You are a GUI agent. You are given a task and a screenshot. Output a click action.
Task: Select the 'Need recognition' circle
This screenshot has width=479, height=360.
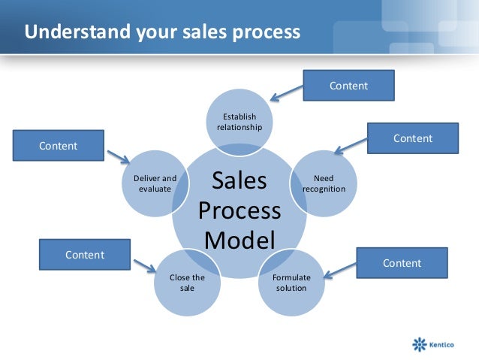coord(324,183)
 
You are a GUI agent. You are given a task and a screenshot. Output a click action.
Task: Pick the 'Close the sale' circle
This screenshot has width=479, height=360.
coord(187,282)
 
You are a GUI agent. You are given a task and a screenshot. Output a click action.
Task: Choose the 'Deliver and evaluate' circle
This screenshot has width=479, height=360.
coord(155,183)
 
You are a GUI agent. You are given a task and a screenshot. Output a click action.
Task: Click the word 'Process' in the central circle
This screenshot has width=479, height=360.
coord(239,210)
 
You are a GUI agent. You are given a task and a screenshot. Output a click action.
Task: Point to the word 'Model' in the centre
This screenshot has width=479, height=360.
coord(239,240)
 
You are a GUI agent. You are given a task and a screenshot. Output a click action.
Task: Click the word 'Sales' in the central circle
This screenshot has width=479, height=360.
coord(239,181)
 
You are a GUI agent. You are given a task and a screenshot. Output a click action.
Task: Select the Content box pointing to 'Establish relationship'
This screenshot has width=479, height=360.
coord(348,86)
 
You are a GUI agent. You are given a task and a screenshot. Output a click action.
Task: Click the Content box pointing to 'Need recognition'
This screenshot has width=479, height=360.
coord(412,138)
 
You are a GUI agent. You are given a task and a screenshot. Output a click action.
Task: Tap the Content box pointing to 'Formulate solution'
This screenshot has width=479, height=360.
coord(402,263)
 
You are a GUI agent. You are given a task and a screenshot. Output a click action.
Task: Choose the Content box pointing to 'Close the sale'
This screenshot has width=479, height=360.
coord(84,255)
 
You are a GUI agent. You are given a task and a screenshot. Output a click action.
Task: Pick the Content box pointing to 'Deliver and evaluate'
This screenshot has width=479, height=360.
coord(58,146)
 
